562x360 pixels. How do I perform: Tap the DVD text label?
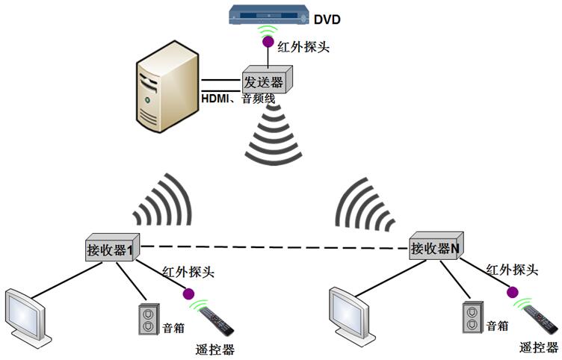pyautogui.click(x=327, y=19)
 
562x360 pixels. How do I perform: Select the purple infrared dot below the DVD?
pyautogui.click(x=267, y=43)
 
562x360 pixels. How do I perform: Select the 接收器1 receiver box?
pyautogui.click(x=110, y=248)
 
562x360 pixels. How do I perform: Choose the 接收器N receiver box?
pyautogui.click(x=434, y=248)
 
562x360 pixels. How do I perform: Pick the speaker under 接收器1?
pyautogui.click(x=149, y=319)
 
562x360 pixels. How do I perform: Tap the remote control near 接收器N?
pyautogui.click(x=540, y=318)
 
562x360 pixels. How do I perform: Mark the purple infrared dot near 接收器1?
pyautogui.click(x=188, y=294)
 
